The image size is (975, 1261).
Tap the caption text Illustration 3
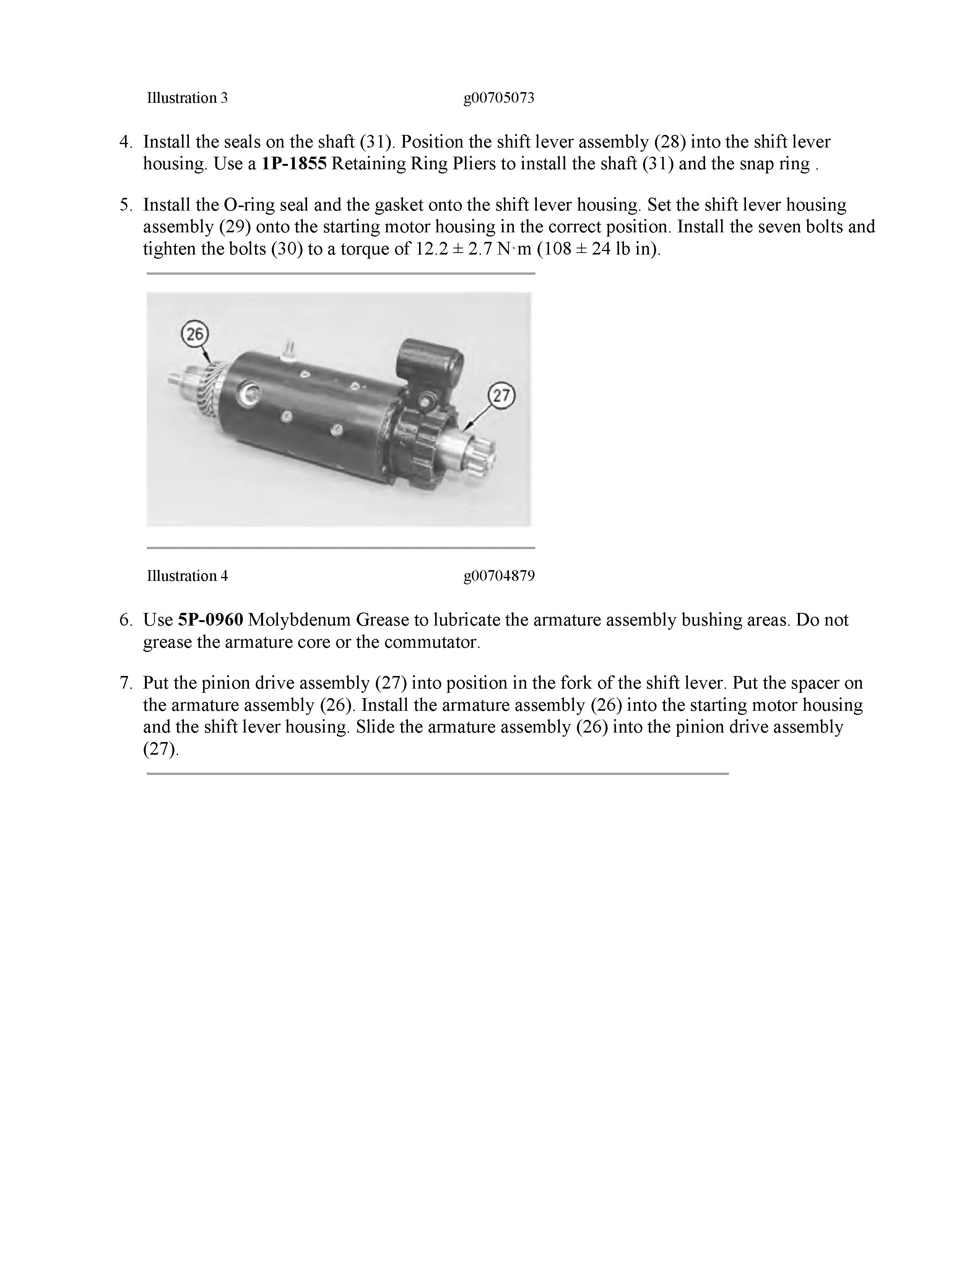[x=187, y=98]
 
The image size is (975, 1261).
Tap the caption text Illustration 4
[x=187, y=575]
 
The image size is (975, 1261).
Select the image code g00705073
[x=499, y=98]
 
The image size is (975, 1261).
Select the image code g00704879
[x=499, y=575]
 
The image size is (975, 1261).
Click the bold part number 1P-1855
[x=294, y=164]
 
